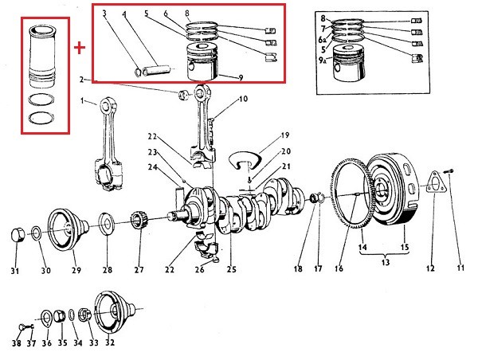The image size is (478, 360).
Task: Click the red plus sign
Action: pos(80,48)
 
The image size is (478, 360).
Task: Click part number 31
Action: pos(14,271)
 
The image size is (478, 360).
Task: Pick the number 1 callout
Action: pos(82,100)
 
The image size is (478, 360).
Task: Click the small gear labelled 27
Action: pos(139,221)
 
